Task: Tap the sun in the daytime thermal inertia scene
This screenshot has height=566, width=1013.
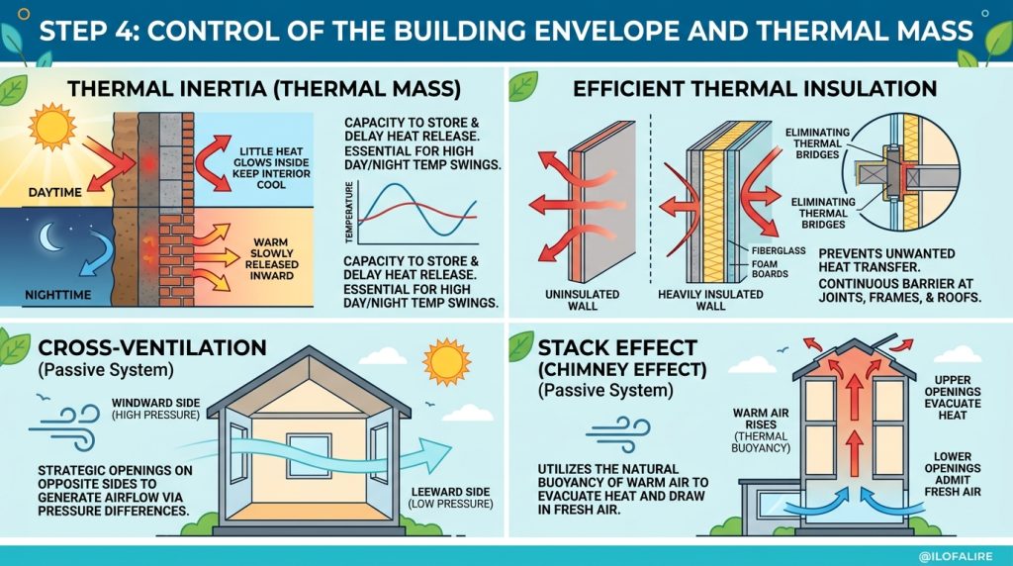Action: (51, 127)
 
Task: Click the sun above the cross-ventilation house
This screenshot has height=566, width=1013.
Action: (446, 362)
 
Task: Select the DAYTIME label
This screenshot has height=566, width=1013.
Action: (55, 193)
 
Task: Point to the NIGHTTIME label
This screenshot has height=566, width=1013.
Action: (58, 295)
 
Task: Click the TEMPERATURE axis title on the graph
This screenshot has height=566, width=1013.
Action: (349, 213)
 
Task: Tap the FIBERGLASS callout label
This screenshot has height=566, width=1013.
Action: (779, 250)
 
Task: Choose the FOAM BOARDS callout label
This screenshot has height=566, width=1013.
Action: (770, 269)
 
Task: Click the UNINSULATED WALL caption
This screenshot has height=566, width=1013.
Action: (582, 300)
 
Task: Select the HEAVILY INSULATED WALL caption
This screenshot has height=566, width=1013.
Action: (710, 300)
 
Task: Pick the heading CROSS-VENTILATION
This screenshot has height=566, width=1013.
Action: (152, 347)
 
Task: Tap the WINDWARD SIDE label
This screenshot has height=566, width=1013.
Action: (155, 403)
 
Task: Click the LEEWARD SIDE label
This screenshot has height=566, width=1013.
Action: (450, 492)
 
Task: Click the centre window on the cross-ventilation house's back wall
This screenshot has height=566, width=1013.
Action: (309, 455)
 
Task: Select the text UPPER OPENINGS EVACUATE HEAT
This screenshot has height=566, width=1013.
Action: (953, 398)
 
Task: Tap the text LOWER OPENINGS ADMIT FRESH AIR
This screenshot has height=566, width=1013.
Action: (953, 474)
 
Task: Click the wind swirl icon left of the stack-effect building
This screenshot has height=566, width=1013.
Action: (617, 434)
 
